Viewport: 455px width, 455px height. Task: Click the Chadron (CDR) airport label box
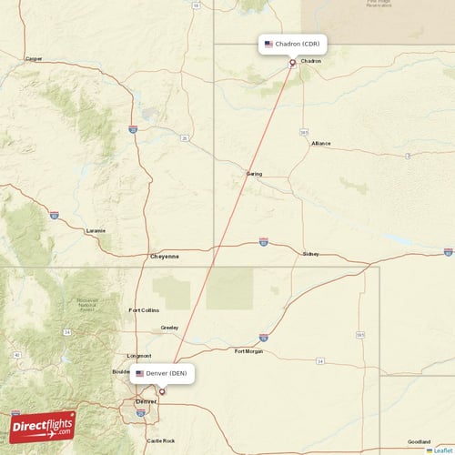[291, 44]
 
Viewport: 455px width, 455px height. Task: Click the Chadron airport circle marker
[292, 63]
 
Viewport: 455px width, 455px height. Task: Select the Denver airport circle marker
[162, 392]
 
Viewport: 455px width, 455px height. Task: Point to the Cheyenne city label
[165, 257]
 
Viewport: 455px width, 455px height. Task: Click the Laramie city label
[96, 230]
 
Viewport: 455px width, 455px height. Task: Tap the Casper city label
[35, 58]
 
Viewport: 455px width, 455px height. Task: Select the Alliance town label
[321, 143]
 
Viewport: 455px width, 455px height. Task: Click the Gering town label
[254, 173]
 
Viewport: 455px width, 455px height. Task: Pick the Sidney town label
[310, 254]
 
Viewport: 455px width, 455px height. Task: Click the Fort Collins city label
[144, 310]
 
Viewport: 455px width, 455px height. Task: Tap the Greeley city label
[169, 328]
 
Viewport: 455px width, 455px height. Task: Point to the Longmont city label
[139, 355]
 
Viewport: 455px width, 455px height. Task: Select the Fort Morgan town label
[248, 350]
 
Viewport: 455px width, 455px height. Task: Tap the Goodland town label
[420, 440]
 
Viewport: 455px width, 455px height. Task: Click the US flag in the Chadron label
[268, 44]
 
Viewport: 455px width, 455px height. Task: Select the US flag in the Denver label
[139, 373]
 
